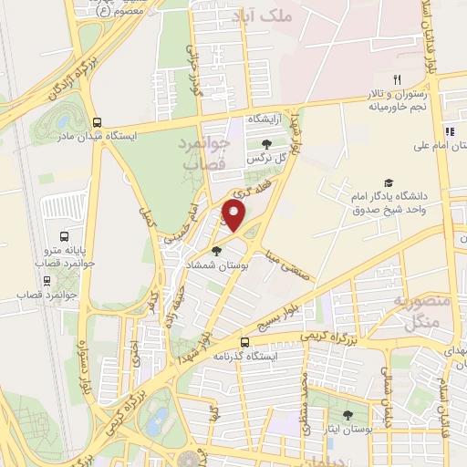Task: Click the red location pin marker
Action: coord(235,214)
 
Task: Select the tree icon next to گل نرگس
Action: coord(265,144)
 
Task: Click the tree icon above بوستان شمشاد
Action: coord(215,252)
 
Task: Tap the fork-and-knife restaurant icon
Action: coord(396,79)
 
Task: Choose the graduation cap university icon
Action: coord(389,182)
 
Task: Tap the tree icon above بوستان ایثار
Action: coord(348,416)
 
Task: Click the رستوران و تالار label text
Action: coord(400,94)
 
